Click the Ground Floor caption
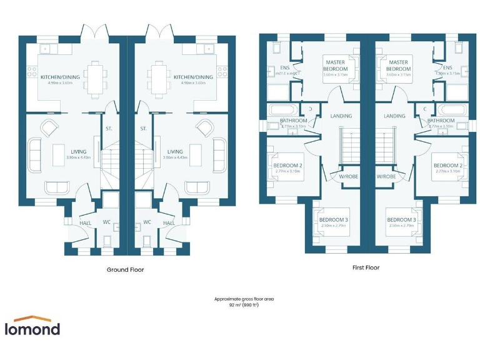[126, 270]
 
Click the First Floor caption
[365, 267]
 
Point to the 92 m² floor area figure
[244, 305]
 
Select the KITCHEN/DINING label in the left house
[58, 77]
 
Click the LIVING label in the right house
[175, 151]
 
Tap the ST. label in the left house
[109, 129]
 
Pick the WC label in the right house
[148, 222]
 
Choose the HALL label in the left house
[86, 222]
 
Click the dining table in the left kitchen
[96, 77]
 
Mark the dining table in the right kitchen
[157, 77]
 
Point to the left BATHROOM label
[293, 120]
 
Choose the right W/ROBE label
[386, 176]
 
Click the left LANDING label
[341, 116]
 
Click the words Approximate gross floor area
[244, 299]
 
